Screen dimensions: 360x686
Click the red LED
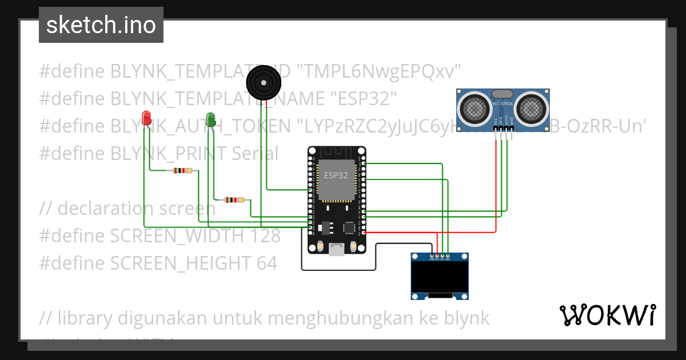[146, 118]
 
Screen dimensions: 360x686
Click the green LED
[210, 119]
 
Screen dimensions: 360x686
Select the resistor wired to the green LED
[233, 200]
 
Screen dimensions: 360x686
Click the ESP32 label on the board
[336, 175]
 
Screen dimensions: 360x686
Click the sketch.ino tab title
[101, 25]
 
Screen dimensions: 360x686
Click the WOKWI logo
[607, 315]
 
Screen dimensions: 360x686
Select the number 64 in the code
[266, 263]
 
